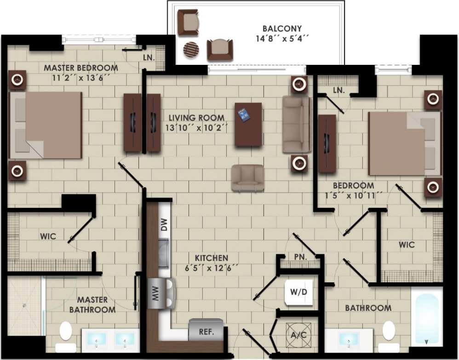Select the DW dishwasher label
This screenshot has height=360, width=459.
pyautogui.click(x=164, y=225)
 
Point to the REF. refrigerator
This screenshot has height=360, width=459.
pyautogui.click(x=206, y=330)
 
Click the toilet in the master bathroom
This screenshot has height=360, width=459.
pyautogui.click(x=66, y=335)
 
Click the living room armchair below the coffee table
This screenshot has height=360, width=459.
pyautogui.click(x=247, y=178)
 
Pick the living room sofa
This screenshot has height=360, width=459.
pyautogui.click(x=296, y=124)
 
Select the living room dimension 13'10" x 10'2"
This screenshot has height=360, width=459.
pyautogui.click(x=196, y=128)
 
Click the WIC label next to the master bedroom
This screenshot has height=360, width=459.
pyautogui.click(x=48, y=236)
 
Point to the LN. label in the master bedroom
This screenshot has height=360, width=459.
pyautogui.click(x=148, y=58)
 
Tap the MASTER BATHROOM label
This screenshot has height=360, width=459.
pyautogui.click(x=92, y=305)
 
